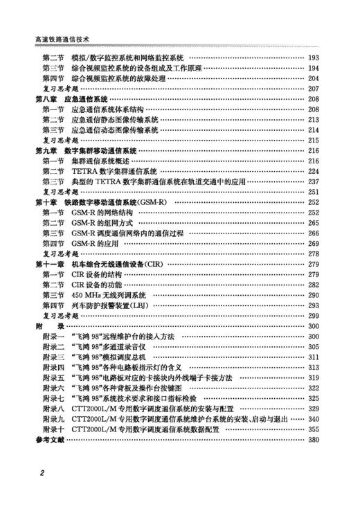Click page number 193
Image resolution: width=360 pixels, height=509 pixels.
313,58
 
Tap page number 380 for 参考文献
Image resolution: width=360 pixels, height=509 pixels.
313,440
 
